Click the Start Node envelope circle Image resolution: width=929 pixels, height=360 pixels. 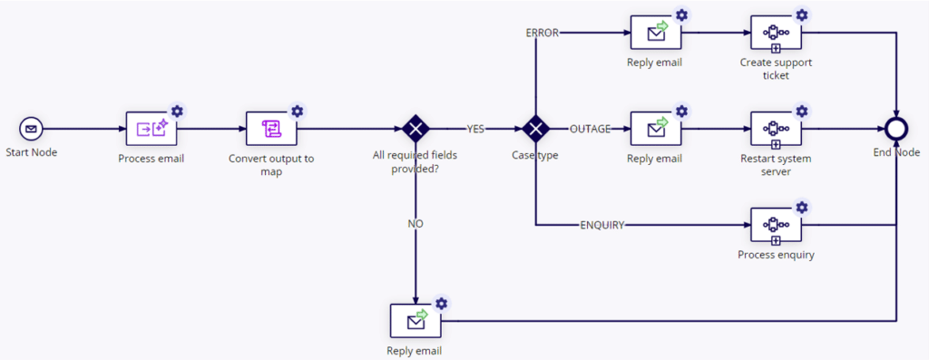tap(30, 129)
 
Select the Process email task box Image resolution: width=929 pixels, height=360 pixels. tap(152, 130)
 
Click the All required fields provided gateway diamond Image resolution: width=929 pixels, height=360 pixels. tap(416, 129)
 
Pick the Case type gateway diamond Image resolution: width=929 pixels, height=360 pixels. tap(535, 129)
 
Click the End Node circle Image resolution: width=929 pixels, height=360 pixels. tap(896, 129)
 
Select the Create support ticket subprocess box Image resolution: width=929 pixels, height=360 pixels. tap(777, 34)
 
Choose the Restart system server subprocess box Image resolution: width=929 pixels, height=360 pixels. tap(777, 130)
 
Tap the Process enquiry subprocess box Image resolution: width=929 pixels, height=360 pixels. tap(777, 226)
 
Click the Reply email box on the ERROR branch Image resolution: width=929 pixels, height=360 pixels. tap(656, 34)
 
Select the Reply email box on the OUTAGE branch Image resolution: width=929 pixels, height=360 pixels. tap(656, 130)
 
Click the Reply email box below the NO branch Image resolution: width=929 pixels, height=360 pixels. tap(416, 321)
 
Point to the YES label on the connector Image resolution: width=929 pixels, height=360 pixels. tap(476, 129)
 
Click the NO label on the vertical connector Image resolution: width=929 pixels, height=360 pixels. tap(416, 223)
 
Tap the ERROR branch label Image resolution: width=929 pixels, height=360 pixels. tap(542, 34)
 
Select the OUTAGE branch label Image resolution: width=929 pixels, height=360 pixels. tap(590, 129)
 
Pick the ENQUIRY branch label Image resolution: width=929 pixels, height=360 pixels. tap(602, 225)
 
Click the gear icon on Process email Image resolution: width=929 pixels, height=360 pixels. tap(177, 111)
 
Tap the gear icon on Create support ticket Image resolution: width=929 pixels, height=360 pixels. tap(802, 15)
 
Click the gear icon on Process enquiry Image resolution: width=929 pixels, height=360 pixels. tap(802, 207)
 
